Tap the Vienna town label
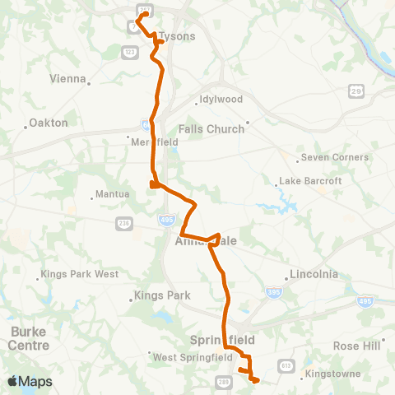(x=67, y=79)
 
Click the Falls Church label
(x=211, y=128)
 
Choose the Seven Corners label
(x=334, y=157)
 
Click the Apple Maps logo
(x=30, y=382)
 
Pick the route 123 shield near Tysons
(x=129, y=53)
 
